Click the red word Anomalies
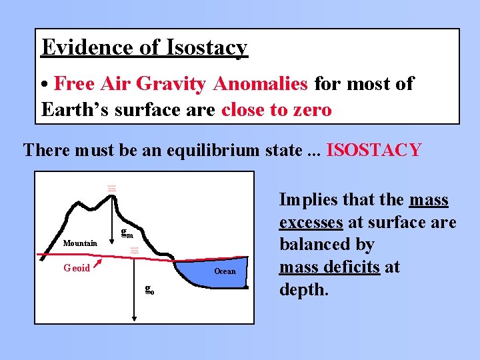(260, 84)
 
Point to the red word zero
(309, 109)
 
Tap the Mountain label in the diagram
(80, 243)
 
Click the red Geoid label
(77, 268)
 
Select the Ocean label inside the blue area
(225, 271)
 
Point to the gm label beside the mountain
(127, 233)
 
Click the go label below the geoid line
(150, 289)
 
